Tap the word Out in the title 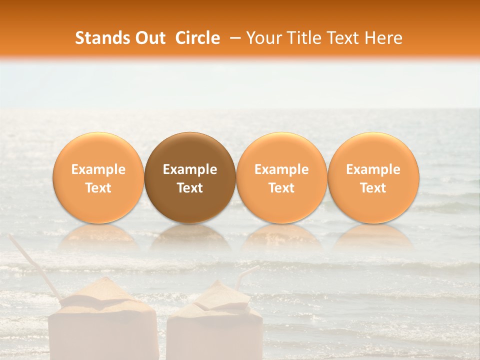(x=148, y=38)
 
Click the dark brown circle (x=190, y=150)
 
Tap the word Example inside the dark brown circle (x=190, y=169)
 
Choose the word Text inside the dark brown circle (x=190, y=188)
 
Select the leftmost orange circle (x=98, y=150)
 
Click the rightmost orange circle (x=373, y=150)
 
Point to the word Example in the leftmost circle (x=98, y=169)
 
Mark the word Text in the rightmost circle (x=373, y=188)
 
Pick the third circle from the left (x=281, y=150)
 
